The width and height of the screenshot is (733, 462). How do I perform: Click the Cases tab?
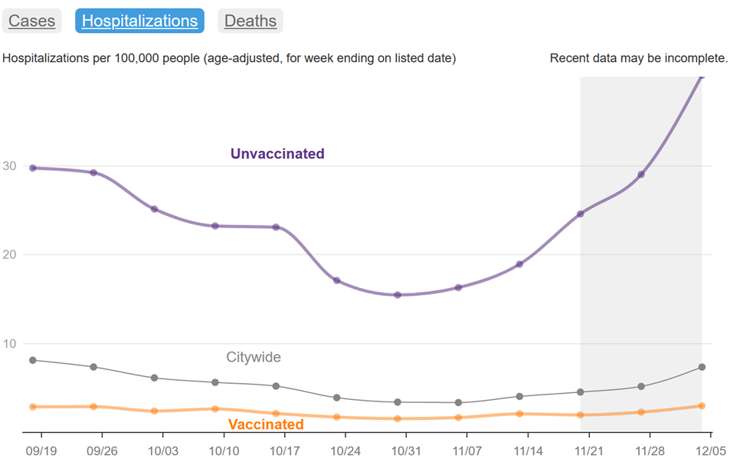(x=31, y=21)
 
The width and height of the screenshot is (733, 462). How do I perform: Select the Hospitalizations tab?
(x=139, y=21)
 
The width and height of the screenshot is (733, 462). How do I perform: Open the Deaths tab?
(x=250, y=21)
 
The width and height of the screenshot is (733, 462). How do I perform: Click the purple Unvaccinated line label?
(x=277, y=154)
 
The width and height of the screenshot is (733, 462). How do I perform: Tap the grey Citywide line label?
(x=254, y=357)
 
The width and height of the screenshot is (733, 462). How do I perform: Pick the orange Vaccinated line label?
(x=266, y=424)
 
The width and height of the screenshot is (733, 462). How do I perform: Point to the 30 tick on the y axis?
(x=9, y=166)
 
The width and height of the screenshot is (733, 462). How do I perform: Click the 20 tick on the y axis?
(x=9, y=254)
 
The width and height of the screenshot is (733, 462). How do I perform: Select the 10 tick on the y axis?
(x=9, y=343)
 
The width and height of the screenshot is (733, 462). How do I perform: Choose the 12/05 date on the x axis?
(x=709, y=451)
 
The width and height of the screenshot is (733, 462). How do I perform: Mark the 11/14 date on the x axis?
(x=528, y=451)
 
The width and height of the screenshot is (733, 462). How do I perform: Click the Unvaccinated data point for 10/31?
(x=398, y=295)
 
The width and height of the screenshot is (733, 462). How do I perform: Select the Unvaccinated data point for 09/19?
(x=32, y=168)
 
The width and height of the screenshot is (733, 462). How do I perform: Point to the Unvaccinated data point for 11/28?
(x=641, y=175)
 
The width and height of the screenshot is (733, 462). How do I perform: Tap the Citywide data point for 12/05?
(x=702, y=368)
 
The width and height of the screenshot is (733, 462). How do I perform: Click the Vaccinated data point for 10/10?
(x=215, y=409)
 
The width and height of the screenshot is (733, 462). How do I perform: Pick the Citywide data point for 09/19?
(x=32, y=360)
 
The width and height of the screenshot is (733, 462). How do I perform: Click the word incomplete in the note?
(x=697, y=58)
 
